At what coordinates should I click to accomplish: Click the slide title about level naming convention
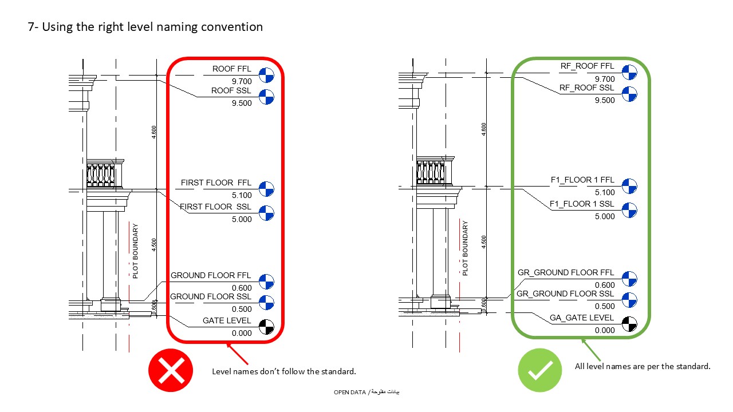[145, 26]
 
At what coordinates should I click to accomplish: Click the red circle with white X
[171, 371]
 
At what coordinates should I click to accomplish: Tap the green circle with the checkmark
[540, 370]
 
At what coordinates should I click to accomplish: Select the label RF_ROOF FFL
[587, 66]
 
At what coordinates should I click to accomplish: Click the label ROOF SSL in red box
[231, 90]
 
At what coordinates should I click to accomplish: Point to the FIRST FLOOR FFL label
[216, 183]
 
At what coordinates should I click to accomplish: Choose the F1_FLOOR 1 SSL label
[582, 204]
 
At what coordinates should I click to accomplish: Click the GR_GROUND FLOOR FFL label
[566, 272]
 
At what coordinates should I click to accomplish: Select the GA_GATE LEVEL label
[582, 318]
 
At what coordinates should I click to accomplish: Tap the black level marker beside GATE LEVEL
[266, 327]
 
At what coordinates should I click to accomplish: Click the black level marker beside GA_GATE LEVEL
[629, 324]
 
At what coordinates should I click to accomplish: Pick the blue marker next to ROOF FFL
[266, 74]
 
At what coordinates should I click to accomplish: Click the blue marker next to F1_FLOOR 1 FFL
[629, 186]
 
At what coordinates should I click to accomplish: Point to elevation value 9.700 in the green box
[605, 79]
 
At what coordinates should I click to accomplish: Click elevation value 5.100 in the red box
[242, 195]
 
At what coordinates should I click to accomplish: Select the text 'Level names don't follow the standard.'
[284, 371]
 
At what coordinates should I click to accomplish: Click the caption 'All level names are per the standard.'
[643, 366]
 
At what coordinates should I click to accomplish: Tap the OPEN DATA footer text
[366, 392]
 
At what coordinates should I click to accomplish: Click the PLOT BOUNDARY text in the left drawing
[135, 251]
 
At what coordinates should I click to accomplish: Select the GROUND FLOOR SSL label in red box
[211, 296]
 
